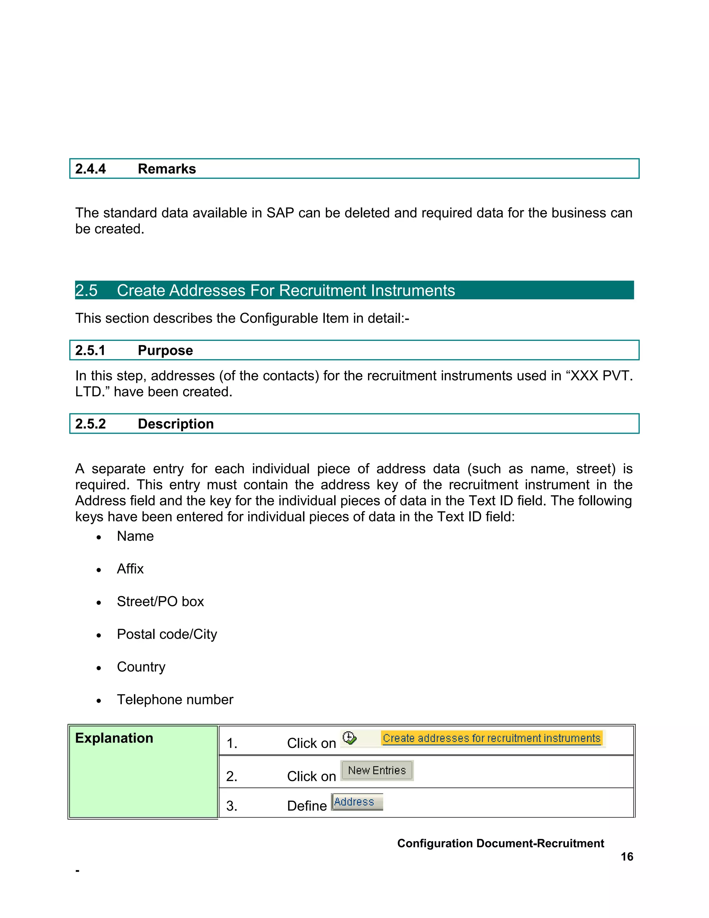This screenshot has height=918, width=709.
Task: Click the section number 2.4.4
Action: [90, 169]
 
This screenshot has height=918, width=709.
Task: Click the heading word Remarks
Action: [167, 169]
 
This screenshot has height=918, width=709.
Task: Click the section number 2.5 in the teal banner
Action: [86, 290]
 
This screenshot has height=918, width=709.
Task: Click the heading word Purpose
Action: [165, 351]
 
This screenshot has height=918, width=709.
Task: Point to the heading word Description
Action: [176, 424]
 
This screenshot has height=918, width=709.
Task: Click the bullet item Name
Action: [135, 536]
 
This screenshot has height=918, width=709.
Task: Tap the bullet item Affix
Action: [130, 569]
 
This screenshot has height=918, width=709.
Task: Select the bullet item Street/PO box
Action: [160, 602]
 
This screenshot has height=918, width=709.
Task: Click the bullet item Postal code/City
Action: [167, 634]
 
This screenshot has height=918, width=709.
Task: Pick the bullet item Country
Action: [141, 667]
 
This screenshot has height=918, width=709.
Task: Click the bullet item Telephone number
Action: [175, 700]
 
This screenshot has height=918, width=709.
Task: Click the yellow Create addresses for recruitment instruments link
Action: [492, 739]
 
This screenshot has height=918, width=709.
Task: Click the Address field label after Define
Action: [356, 802]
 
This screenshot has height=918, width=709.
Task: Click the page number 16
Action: [627, 857]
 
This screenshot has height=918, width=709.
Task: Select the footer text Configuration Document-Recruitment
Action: [500, 844]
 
